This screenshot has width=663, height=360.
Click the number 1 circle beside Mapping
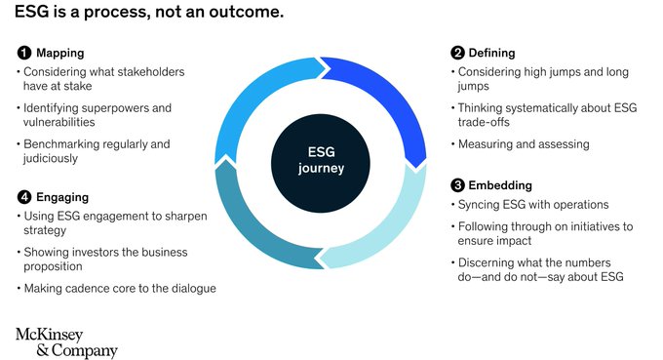click(x=23, y=53)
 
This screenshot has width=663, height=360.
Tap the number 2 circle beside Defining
click(x=457, y=53)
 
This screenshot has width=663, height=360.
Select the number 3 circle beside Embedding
click(x=457, y=185)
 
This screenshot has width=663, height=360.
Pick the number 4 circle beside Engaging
click(x=23, y=195)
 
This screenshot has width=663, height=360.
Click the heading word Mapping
click(x=59, y=53)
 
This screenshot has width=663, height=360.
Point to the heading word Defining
click(x=491, y=53)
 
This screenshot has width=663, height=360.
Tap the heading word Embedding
click(x=499, y=185)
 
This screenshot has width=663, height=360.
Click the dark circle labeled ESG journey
click(x=321, y=161)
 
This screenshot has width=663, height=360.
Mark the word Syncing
click(x=481, y=204)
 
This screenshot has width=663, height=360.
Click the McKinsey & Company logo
click(x=66, y=342)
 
